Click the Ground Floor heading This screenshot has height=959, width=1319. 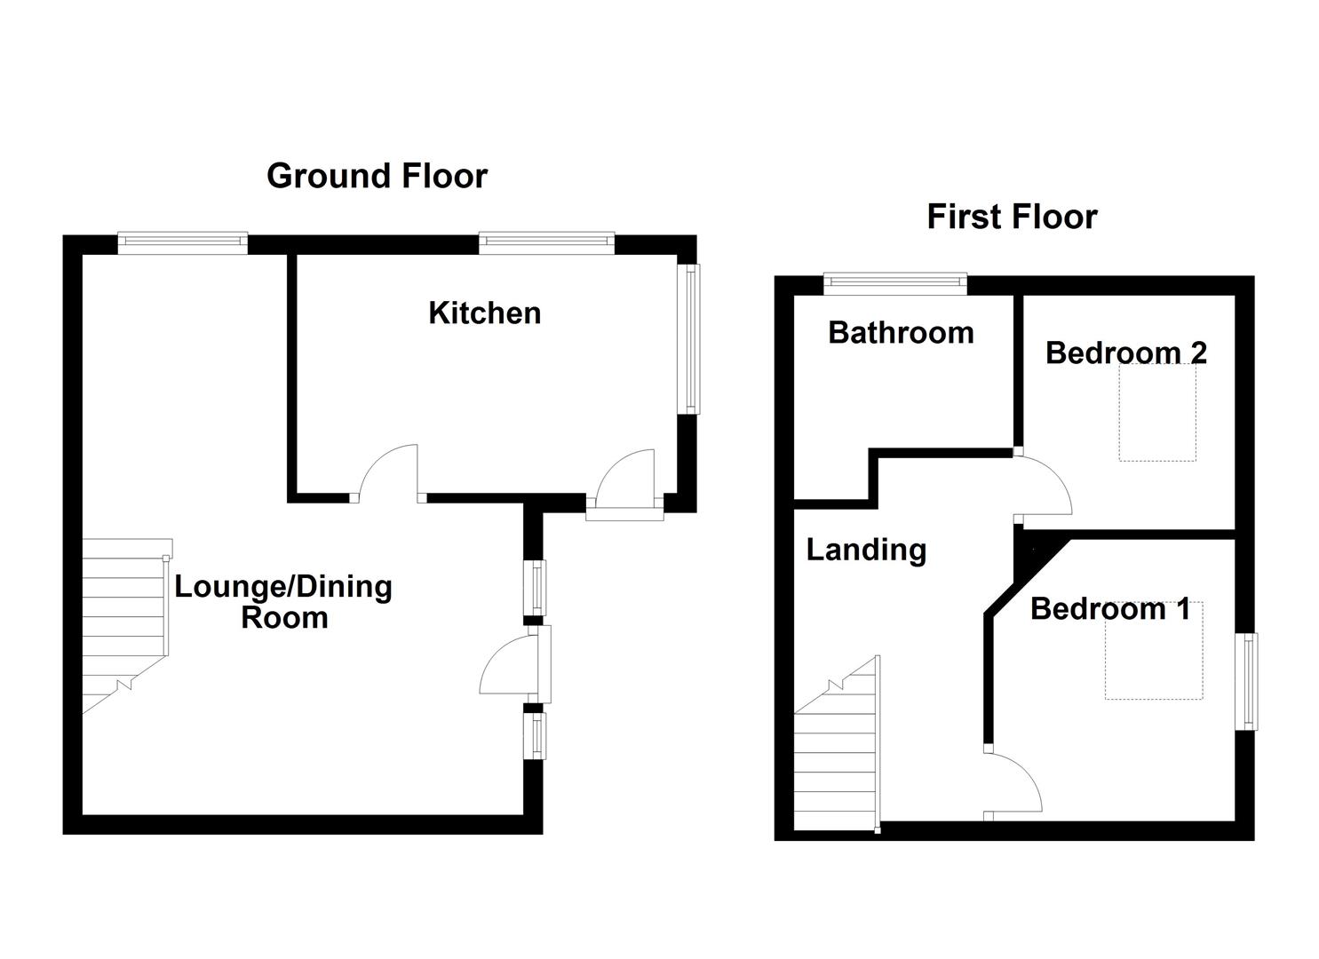pos(377,176)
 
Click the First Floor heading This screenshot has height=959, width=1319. pos(1013,217)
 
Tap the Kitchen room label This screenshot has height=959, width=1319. pos(485,313)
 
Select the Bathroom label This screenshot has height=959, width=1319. pos(901,333)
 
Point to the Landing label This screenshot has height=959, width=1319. pos(866,550)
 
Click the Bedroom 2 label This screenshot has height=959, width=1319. pos(1126,353)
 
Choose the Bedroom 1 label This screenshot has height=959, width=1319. pos(1110,609)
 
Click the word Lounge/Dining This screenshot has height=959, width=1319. pos(283,588)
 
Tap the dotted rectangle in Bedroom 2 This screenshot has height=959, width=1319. pos(1157,412)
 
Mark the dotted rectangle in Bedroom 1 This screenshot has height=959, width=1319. pos(1154,651)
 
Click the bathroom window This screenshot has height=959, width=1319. pos(895,284)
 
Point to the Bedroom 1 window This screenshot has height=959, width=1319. pos(1246,682)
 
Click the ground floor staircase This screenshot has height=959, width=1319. pos(126,625)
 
